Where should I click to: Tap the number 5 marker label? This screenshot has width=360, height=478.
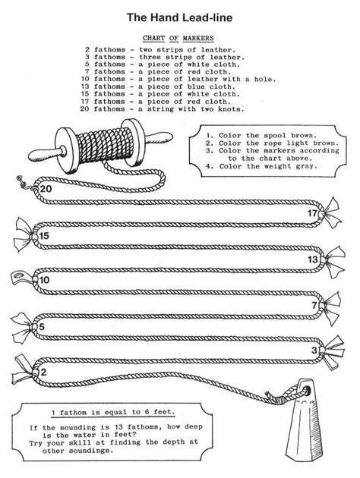[43, 327]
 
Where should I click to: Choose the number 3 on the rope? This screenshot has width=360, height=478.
[314, 350]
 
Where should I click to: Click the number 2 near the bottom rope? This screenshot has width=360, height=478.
[44, 373]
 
